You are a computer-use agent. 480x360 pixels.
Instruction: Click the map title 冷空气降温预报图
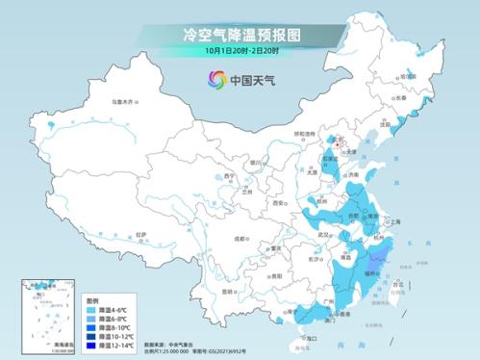pyautogui.click(x=240, y=34)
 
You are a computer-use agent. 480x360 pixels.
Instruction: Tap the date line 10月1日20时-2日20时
pyautogui.click(x=240, y=50)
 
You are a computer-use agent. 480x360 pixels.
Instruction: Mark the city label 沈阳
pyautogui.click(x=385, y=124)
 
